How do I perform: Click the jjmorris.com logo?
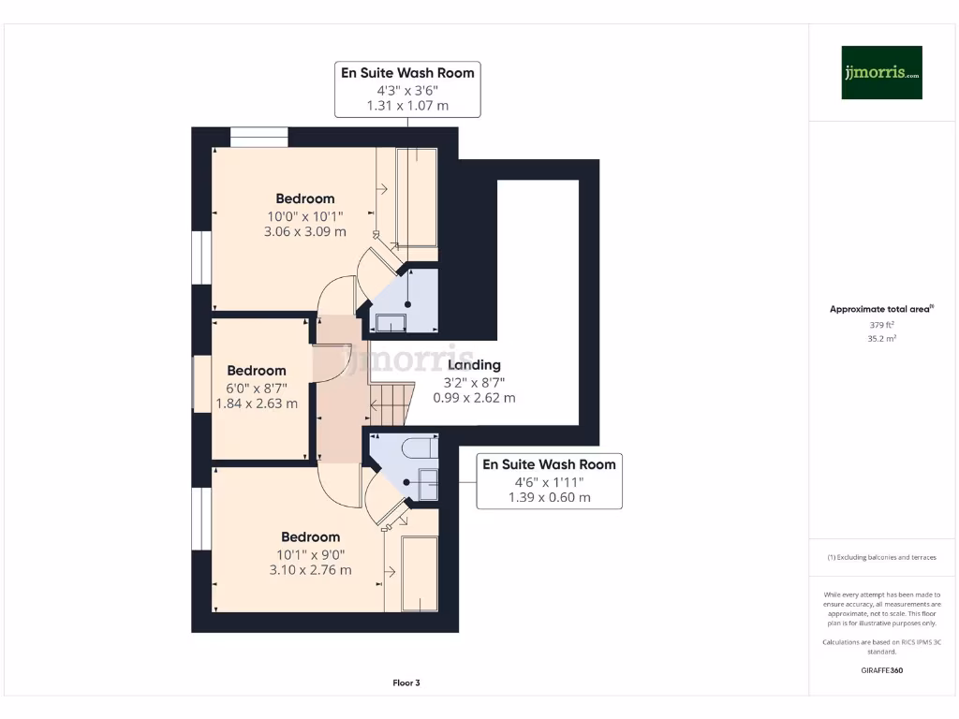click(881, 72)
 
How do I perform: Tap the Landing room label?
click(474, 365)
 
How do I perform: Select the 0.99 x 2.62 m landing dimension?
click(474, 398)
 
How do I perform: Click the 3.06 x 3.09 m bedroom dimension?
click(305, 231)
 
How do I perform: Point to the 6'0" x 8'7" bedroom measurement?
click(257, 388)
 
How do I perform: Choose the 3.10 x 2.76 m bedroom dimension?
click(311, 569)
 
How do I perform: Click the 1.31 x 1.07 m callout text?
click(407, 106)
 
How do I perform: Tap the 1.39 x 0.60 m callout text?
click(549, 497)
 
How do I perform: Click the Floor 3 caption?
click(406, 683)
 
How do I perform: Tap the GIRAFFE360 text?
click(881, 670)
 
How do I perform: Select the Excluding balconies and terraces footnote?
click(881, 557)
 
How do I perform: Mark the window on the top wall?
click(259, 137)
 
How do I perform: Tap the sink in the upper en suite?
click(391, 324)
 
